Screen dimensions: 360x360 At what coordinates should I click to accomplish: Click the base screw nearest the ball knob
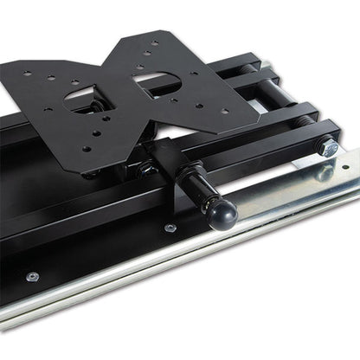tap(170, 228)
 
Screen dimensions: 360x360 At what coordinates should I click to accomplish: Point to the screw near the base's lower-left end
tap(33, 277)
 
